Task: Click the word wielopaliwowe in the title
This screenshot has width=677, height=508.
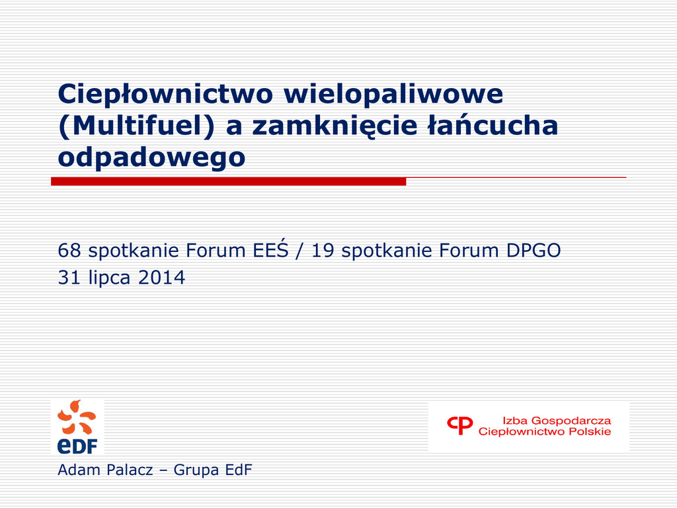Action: pos(393,94)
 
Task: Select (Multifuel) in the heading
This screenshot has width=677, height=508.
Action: pos(136,126)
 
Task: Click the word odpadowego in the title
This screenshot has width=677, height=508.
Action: pos(151,157)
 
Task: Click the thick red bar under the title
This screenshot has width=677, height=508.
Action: pos(228,181)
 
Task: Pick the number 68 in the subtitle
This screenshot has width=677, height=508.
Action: pos(69,251)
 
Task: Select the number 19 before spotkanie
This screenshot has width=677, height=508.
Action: pos(323,251)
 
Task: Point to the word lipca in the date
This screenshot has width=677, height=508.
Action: pos(109,278)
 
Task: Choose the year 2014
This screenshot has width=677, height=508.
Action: pos(161,277)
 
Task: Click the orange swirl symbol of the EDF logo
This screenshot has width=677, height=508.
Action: pos(77,417)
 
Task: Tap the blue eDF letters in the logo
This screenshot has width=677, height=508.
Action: pos(77,445)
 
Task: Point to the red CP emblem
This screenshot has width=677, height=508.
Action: pos(460,425)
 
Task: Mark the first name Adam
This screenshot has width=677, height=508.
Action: pos(79,470)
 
